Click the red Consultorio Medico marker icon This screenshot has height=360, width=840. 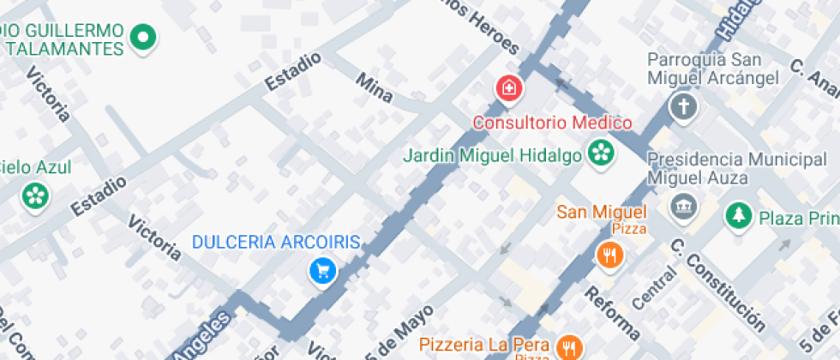click(509, 87)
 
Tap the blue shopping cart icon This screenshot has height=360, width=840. click(322, 272)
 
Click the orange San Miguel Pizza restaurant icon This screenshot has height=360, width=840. click(609, 254)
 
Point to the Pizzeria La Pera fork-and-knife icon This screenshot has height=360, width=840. click(567, 346)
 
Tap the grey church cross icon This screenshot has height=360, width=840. click(683, 106)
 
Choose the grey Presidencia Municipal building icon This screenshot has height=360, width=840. click(683, 207)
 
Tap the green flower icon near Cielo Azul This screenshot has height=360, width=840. click(35, 195)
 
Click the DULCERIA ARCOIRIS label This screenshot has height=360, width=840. click(276, 243)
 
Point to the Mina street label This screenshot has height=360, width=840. click(374, 87)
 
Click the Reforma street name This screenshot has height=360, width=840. click(612, 312)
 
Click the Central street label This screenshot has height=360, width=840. click(653, 288)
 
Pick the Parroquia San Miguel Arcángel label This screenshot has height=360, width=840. click(712, 69)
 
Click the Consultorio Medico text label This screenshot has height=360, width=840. click(553, 123)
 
